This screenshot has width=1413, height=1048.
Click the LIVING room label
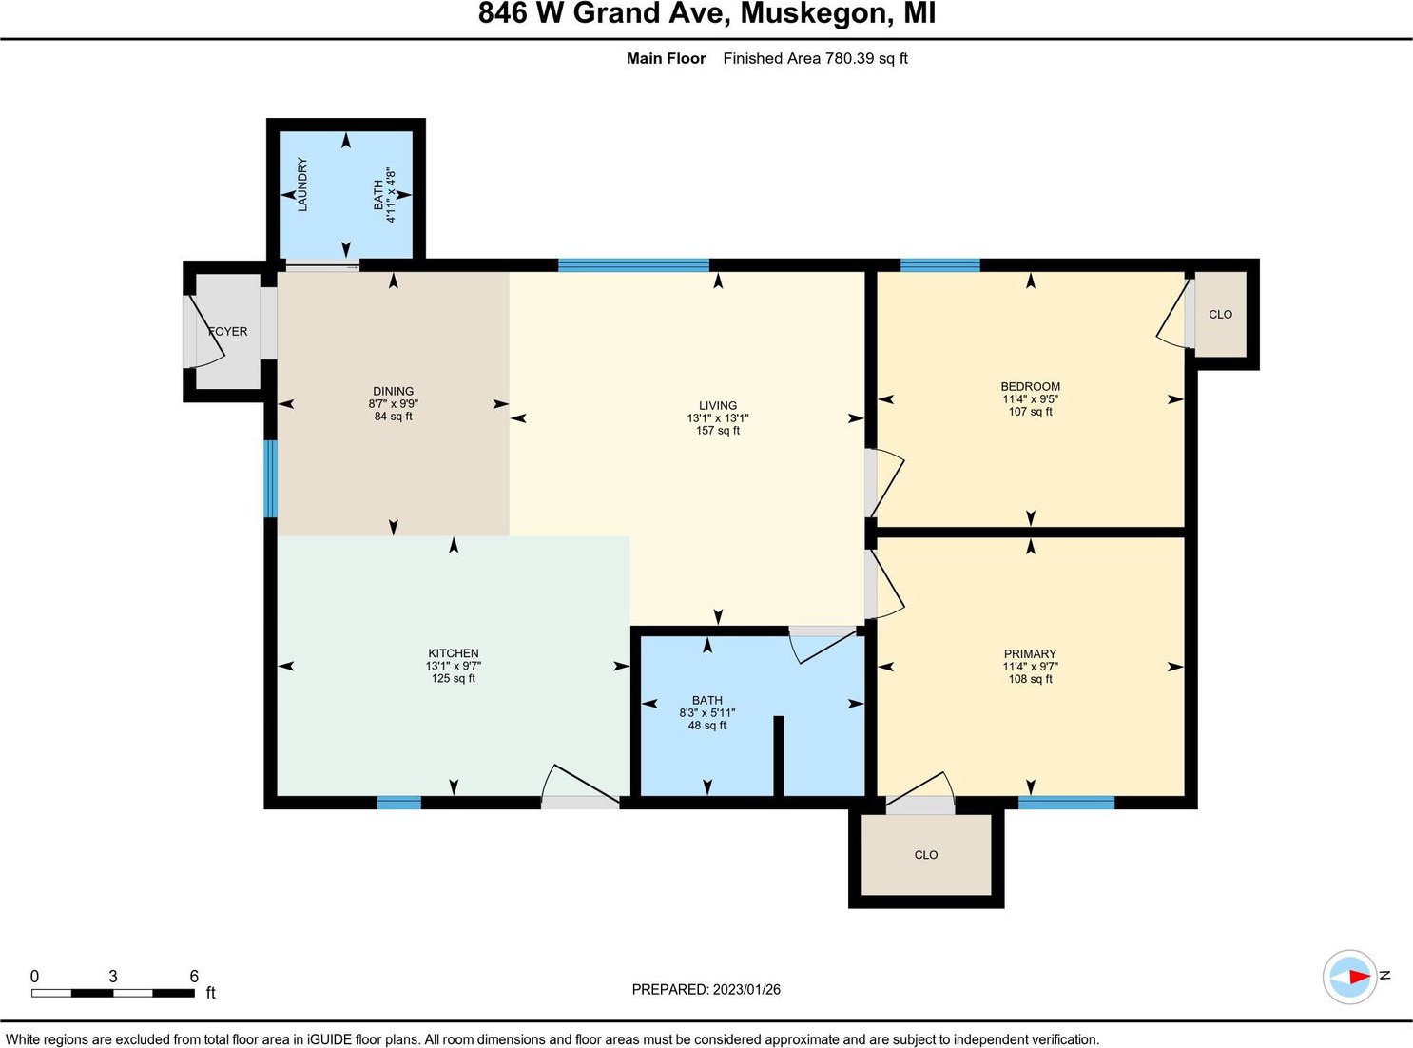coord(718,405)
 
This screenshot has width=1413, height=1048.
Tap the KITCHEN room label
coord(453,653)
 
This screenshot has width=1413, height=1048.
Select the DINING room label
coord(393,391)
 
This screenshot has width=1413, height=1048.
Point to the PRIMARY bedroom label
coord(1030,653)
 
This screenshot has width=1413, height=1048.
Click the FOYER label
coord(228,331)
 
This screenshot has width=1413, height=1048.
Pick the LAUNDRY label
coord(302,184)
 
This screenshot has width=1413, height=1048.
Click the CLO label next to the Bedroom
coord(1221,314)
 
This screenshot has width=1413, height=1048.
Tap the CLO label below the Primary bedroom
coord(925,855)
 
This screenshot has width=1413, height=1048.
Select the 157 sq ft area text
coord(718,431)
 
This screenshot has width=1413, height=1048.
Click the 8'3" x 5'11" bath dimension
coord(707,713)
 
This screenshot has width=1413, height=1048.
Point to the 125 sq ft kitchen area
coord(453,678)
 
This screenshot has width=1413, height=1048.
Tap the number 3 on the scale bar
coord(113,976)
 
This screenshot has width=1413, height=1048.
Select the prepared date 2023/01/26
coord(746,989)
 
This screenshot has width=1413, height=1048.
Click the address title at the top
coord(707,13)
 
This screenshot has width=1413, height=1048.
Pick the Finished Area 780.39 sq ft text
coord(816,59)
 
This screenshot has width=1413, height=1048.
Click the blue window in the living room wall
coord(634,265)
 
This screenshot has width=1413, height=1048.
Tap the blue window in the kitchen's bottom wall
coord(398,803)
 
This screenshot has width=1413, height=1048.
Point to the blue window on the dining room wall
coord(271,478)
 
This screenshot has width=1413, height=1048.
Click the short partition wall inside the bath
coord(779,756)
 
